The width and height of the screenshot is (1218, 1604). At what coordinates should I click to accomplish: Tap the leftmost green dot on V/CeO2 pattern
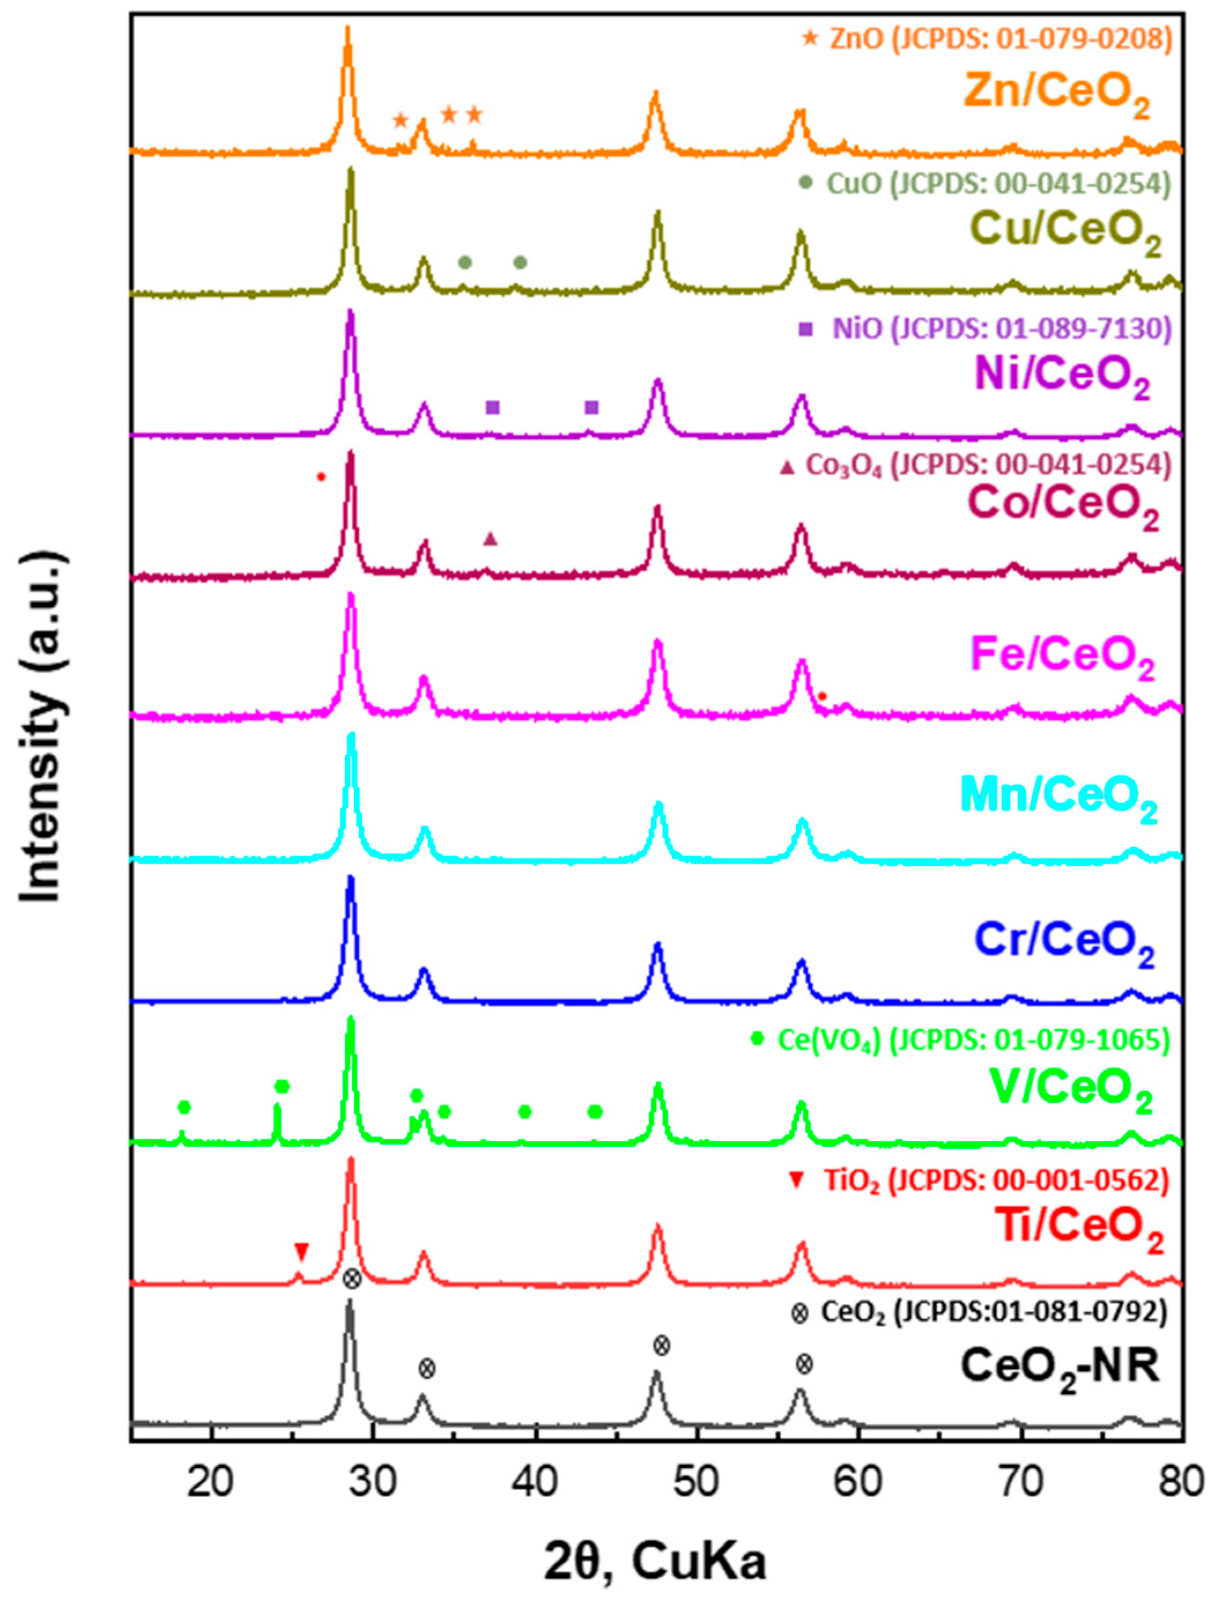[x=184, y=1107]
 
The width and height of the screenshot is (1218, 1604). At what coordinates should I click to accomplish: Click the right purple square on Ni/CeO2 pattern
[x=592, y=407]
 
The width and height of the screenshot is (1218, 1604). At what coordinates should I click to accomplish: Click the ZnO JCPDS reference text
[x=999, y=40]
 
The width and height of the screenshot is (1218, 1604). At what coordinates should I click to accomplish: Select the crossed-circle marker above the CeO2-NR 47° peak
[x=661, y=1346]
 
